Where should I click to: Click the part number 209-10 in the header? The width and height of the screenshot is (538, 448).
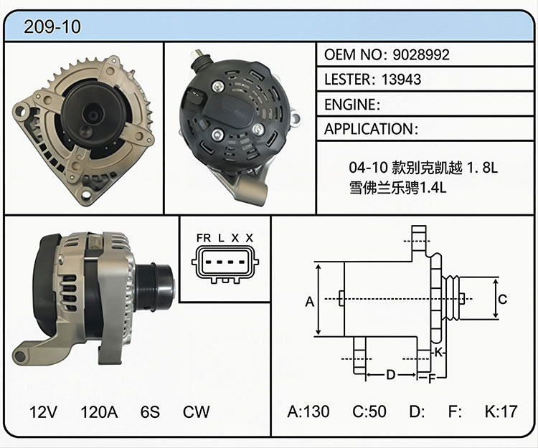[x=52, y=27]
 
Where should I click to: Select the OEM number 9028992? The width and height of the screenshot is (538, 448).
[x=421, y=54]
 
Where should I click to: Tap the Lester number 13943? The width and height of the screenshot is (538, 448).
[x=401, y=80]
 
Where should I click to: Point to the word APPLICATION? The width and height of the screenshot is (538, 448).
[x=369, y=129]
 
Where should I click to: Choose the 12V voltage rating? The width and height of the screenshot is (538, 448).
[x=43, y=412]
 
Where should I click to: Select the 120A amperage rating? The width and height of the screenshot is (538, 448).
[x=99, y=412]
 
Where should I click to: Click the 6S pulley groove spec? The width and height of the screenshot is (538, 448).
[x=150, y=412]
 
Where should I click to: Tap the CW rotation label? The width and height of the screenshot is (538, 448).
[x=196, y=412]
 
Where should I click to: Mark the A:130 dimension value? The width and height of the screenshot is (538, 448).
[x=308, y=411]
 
